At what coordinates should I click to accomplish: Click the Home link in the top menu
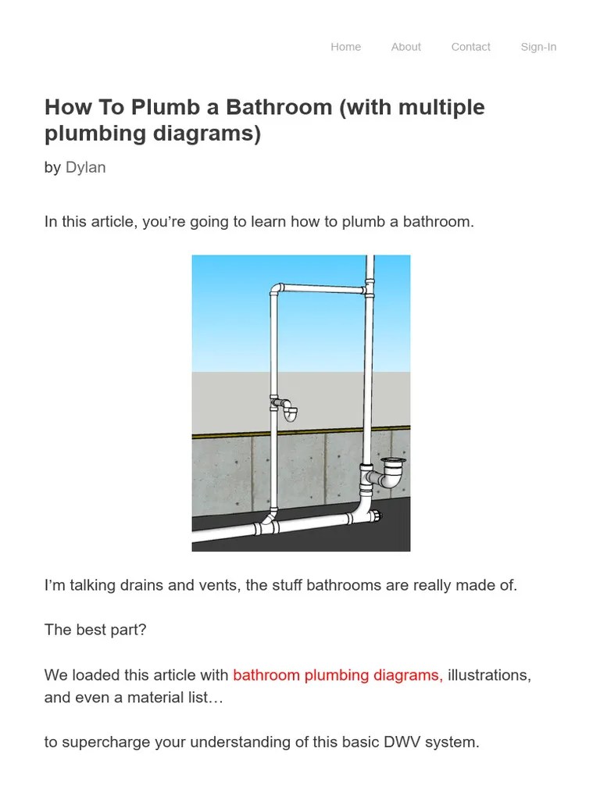pos(345,47)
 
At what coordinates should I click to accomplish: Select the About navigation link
pos(406,47)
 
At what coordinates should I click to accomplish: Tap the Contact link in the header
pos(470,47)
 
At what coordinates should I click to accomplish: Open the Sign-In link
pos(538,47)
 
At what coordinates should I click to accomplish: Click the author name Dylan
pos(86,167)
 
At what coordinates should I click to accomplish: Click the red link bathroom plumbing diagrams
pos(337,675)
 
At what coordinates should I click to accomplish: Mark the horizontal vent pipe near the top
pos(320,289)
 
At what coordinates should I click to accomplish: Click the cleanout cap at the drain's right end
pos(378,516)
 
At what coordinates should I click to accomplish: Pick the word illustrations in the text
pos(490,675)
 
